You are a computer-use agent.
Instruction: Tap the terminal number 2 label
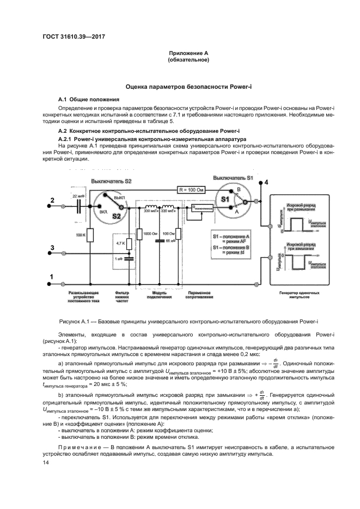coord(52,201)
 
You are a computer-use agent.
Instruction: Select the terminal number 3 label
coord(52,248)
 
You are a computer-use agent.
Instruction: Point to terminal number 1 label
coord(52,277)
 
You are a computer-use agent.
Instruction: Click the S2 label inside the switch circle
coord(115,216)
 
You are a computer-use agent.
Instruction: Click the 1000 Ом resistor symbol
coord(139,234)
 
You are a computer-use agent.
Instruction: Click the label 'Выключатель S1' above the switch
coord(233,178)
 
